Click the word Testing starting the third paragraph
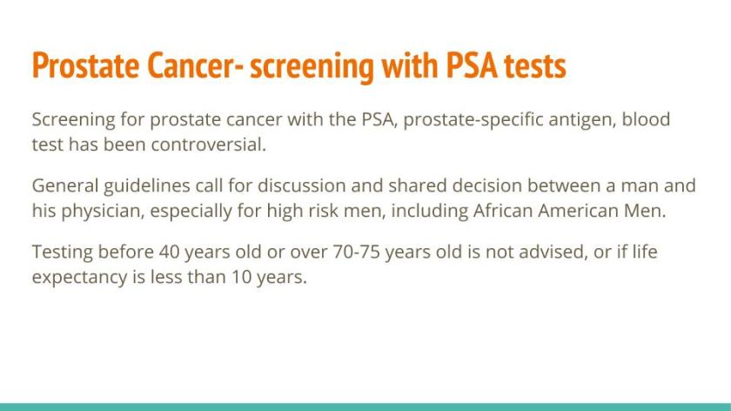pos(63,253)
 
